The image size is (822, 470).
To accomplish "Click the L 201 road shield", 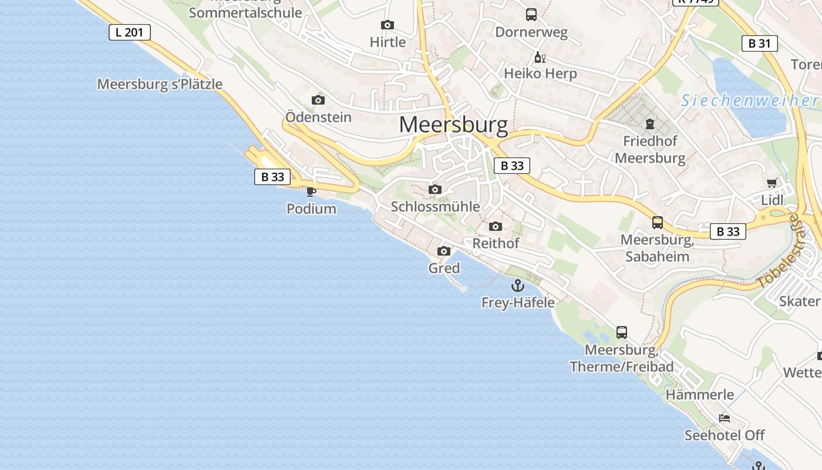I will (x=130, y=32).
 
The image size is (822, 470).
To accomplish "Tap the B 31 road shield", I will (x=759, y=43).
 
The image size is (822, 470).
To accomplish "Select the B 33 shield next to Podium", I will (x=272, y=177).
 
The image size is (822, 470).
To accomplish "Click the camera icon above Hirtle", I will (x=388, y=25).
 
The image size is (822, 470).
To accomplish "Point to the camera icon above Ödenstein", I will (x=318, y=100).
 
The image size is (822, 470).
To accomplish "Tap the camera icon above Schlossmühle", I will (x=435, y=189).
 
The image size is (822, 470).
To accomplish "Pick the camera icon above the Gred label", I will (x=444, y=251).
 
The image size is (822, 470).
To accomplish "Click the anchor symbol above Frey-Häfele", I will (x=517, y=286).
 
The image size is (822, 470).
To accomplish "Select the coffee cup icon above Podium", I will (x=311, y=192).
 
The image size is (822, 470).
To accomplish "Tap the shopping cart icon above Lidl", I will (x=772, y=183).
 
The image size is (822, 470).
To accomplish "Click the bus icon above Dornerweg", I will (x=531, y=15).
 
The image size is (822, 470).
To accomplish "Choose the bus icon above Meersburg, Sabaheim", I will (x=658, y=223).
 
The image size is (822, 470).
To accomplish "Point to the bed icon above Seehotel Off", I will (x=725, y=418).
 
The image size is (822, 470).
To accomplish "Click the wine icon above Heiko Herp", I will (x=540, y=57).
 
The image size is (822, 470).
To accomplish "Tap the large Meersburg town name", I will (x=453, y=125).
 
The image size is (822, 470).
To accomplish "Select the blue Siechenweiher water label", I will (x=749, y=100).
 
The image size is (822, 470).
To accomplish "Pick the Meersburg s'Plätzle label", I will (x=160, y=84).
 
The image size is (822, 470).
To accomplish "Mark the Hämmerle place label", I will (x=699, y=394).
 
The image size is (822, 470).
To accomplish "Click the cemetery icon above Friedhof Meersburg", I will (x=650, y=124).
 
